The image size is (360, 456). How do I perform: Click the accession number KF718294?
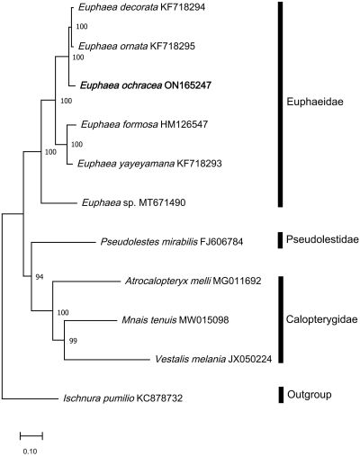click(183, 7)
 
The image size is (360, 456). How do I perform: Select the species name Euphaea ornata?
click(112, 46)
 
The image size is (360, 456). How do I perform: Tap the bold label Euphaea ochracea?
click(121, 85)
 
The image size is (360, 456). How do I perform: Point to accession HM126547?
click(184, 124)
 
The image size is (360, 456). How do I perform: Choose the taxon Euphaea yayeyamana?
click(126, 164)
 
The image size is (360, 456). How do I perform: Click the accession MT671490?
click(162, 202)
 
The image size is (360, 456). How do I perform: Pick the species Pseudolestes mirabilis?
click(149, 242)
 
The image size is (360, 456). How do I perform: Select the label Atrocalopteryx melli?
click(167, 281)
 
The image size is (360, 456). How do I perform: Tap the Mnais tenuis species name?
click(149, 320)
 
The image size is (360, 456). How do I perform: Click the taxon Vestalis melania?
click(190, 359)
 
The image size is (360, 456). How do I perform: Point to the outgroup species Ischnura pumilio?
click(98, 398)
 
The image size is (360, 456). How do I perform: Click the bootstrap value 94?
click(40, 277)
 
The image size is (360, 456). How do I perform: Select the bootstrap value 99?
click(73, 341)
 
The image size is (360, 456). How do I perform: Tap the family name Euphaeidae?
click(315, 102)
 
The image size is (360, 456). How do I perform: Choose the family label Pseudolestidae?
click(322, 239)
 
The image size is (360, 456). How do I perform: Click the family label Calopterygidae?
click(321, 319)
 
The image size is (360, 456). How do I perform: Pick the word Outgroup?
click(310, 395)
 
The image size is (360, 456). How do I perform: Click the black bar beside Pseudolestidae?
click(280, 240)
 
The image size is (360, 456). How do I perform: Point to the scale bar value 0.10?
click(30, 452)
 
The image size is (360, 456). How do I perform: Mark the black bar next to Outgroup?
click(281, 395)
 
